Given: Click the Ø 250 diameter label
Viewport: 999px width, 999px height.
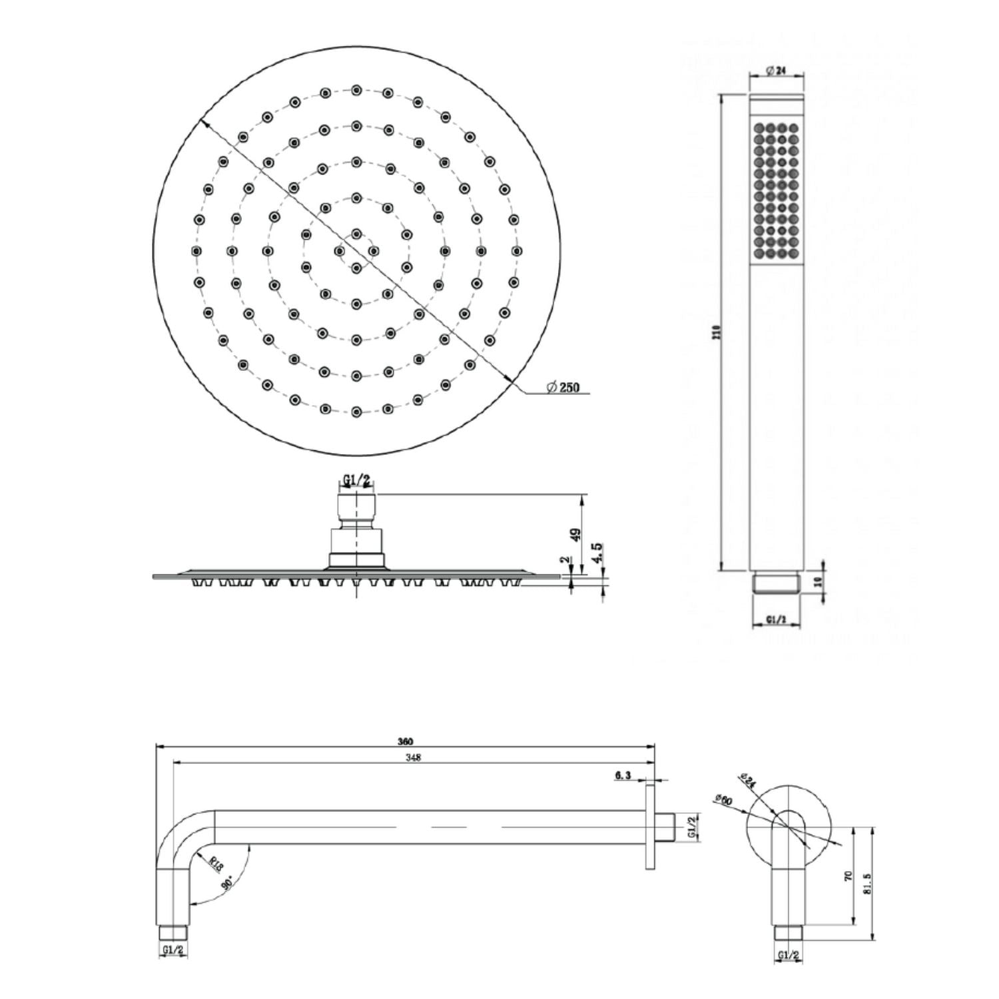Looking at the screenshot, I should (x=563, y=388).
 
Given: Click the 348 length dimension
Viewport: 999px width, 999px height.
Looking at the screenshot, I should (x=414, y=757).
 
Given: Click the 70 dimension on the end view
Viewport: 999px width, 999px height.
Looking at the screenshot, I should (x=848, y=876).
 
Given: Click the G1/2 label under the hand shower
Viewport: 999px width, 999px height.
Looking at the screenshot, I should (x=777, y=619).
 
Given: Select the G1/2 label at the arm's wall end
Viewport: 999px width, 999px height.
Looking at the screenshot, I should (x=692, y=827).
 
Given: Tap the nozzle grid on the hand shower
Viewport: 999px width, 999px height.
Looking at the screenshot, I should (x=777, y=190).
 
